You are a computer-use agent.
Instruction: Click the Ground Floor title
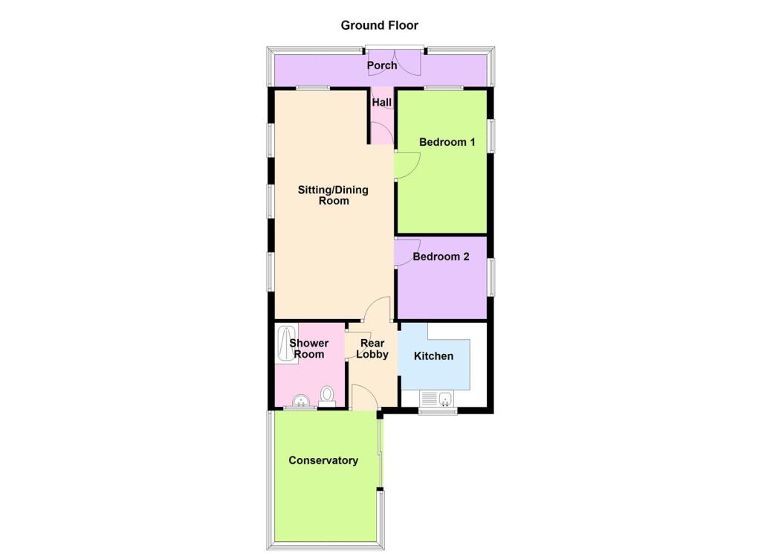pyautogui.click(x=379, y=25)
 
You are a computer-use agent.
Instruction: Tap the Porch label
pyautogui.click(x=382, y=65)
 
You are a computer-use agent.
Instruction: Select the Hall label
pyautogui.click(x=382, y=103)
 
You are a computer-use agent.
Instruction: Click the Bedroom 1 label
pyautogui.click(x=447, y=142)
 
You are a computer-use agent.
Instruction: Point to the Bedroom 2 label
pyautogui.click(x=441, y=257)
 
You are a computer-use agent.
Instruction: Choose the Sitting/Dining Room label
pyautogui.click(x=333, y=195)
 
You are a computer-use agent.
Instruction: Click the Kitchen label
pyautogui.click(x=433, y=356)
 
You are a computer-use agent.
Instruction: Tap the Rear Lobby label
pyautogui.click(x=372, y=349)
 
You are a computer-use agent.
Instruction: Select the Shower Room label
pyautogui.click(x=308, y=349)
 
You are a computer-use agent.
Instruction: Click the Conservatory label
pyautogui.click(x=323, y=460)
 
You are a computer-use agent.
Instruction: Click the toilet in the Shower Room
pyautogui.click(x=327, y=394)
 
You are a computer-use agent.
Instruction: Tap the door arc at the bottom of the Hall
pyautogui.click(x=382, y=134)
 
